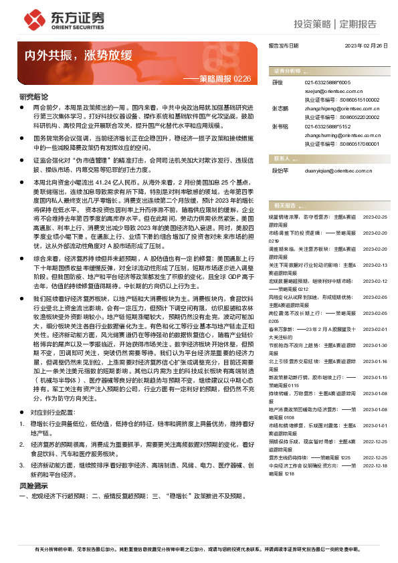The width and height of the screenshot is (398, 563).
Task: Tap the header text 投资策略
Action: [x=312, y=24]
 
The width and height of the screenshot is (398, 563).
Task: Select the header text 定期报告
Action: [x=358, y=24]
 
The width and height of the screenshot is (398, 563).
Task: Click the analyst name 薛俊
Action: [x=277, y=82]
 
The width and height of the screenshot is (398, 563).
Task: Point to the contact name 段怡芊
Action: [x=279, y=169]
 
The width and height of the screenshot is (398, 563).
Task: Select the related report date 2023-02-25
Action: [x=375, y=217]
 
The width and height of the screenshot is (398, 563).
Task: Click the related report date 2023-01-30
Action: [x=375, y=344]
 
